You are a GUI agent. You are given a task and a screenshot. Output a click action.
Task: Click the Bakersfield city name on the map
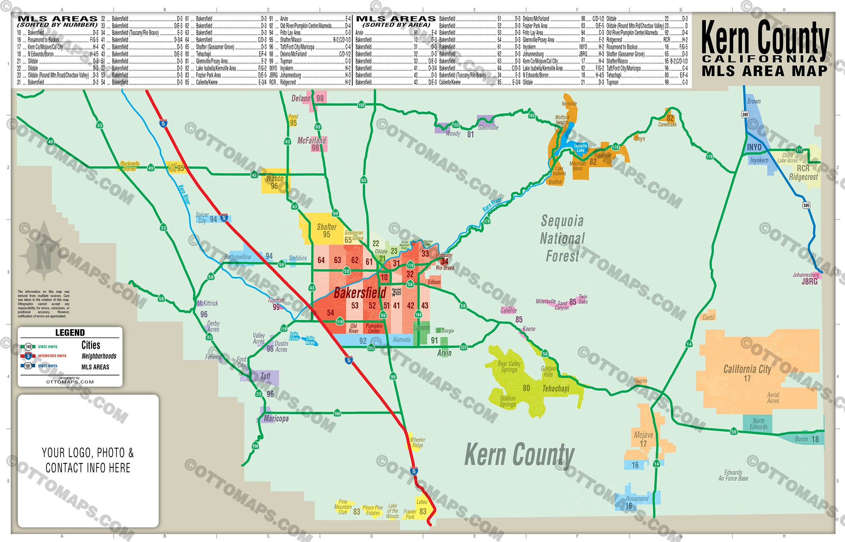pos(360,293)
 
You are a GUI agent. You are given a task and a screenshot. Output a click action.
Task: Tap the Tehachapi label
pos(556,388)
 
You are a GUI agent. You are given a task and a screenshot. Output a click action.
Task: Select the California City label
pos(747,369)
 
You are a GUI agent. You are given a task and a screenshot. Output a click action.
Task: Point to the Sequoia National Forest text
pos(562,238)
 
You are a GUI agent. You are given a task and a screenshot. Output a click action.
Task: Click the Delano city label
pos(301,98)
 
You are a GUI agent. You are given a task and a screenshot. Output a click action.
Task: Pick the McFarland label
pos(311,141)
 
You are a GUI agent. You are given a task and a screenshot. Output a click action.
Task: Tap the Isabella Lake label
pos(580,148)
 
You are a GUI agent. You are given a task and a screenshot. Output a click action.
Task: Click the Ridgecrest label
pos(803,177)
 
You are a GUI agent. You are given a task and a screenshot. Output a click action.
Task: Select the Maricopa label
pos(276,419)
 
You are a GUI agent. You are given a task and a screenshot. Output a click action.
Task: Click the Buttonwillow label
pos(238,257)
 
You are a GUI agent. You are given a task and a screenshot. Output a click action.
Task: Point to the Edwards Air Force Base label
pos(733,475)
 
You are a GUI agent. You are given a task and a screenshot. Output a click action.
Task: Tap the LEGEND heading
pos(70,333)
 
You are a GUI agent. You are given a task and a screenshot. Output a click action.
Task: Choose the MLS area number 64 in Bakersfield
pos(321,260)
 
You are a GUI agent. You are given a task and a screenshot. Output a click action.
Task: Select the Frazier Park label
pos(410,514)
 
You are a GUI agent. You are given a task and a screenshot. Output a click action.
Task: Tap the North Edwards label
pos(758,424)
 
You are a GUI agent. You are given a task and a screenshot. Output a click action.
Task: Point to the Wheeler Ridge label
pos(417,443)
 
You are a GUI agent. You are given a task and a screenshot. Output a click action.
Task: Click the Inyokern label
pos(759,160)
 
